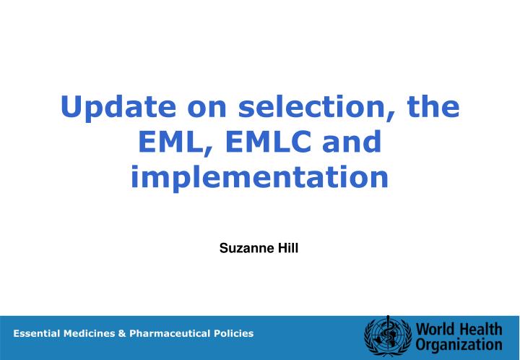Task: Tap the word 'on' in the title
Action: click(x=212, y=107)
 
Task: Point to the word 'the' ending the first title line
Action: click(x=432, y=107)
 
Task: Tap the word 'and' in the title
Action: click(x=352, y=142)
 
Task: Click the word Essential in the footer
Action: click(x=37, y=333)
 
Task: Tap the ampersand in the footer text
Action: click(x=123, y=333)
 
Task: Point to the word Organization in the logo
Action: click(x=459, y=345)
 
